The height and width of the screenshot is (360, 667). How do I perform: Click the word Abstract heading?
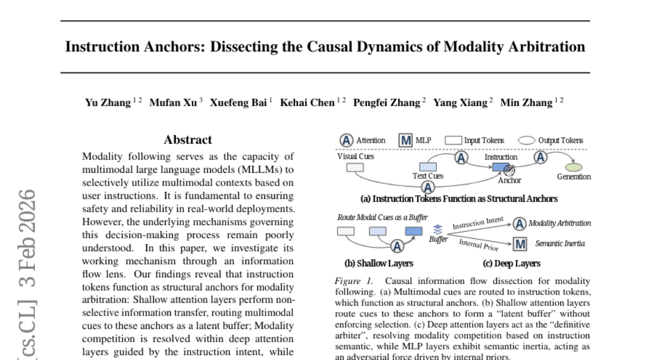click(188, 140)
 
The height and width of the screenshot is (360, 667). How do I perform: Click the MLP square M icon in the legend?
click(406, 141)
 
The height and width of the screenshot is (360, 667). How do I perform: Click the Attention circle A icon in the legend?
click(346, 141)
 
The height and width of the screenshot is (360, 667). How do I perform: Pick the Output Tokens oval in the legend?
click(526, 141)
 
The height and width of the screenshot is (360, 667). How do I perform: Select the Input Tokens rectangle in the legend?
click(453, 141)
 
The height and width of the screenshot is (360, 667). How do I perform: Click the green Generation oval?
click(574, 167)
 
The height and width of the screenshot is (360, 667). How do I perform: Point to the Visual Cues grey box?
click(355, 167)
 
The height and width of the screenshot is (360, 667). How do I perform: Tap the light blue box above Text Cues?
click(427, 167)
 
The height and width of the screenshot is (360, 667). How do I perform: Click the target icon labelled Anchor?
click(509, 171)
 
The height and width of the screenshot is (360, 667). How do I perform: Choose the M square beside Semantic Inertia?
click(520, 244)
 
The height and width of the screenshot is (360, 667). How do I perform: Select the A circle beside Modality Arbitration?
click(519, 223)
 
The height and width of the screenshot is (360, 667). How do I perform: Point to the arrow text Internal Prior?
click(479, 245)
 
